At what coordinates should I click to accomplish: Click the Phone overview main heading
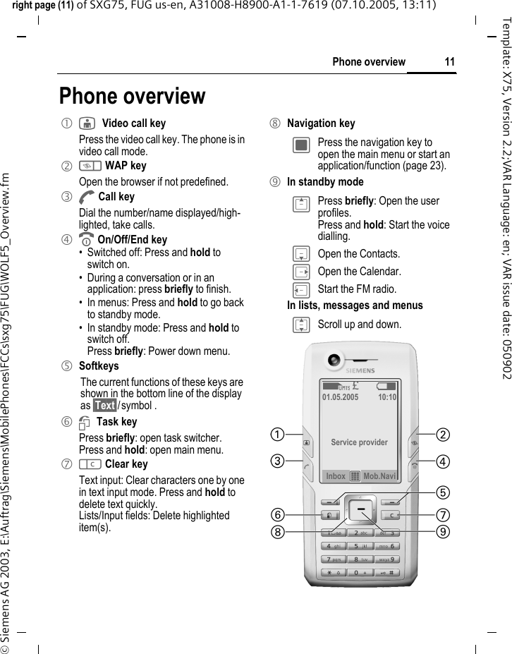[x=133, y=96]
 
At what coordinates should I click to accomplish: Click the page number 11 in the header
[x=449, y=62]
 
